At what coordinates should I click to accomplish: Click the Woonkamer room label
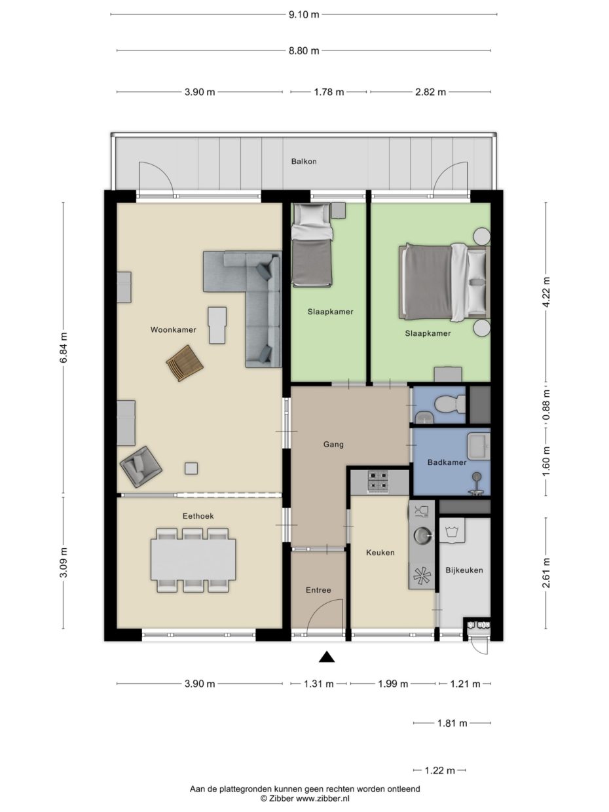173,329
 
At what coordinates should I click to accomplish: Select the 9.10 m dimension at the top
304,14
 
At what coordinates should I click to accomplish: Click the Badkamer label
447,462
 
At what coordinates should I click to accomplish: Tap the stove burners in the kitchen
378,482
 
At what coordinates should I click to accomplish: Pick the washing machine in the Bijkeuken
451,530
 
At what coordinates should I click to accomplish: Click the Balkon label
304,160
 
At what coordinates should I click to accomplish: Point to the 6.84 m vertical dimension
64,348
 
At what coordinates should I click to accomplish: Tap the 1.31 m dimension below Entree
319,684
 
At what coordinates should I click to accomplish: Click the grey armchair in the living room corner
141,466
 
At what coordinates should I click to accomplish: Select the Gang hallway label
333,444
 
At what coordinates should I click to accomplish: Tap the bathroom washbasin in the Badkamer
478,445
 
